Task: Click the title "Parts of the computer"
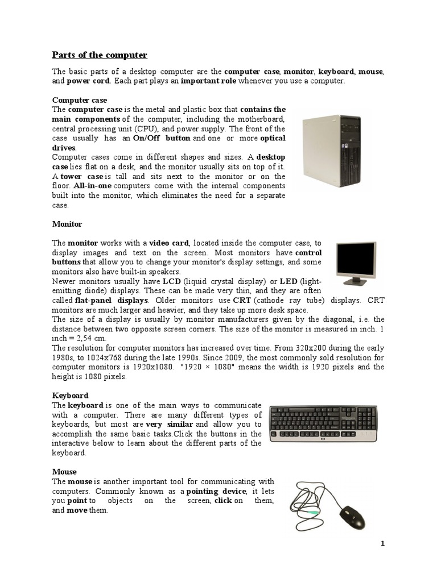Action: point(100,55)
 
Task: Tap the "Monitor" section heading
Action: point(67,224)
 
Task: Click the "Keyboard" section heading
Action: point(70,395)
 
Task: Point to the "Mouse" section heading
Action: point(64,471)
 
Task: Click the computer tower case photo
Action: point(331,151)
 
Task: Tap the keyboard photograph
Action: point(323,424)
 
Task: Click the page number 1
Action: point(383,543)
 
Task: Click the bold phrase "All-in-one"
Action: point(92,186)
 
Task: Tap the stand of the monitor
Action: point(356,281)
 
